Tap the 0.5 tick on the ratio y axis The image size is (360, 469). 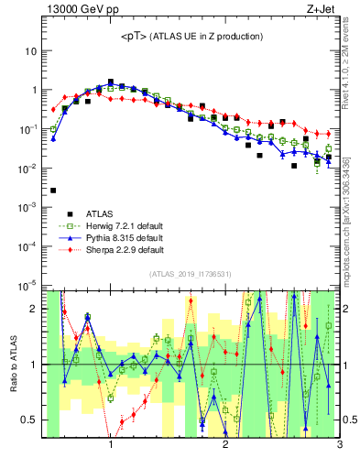tap(29, 420)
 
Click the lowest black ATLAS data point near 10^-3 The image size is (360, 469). tap(53, 191)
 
